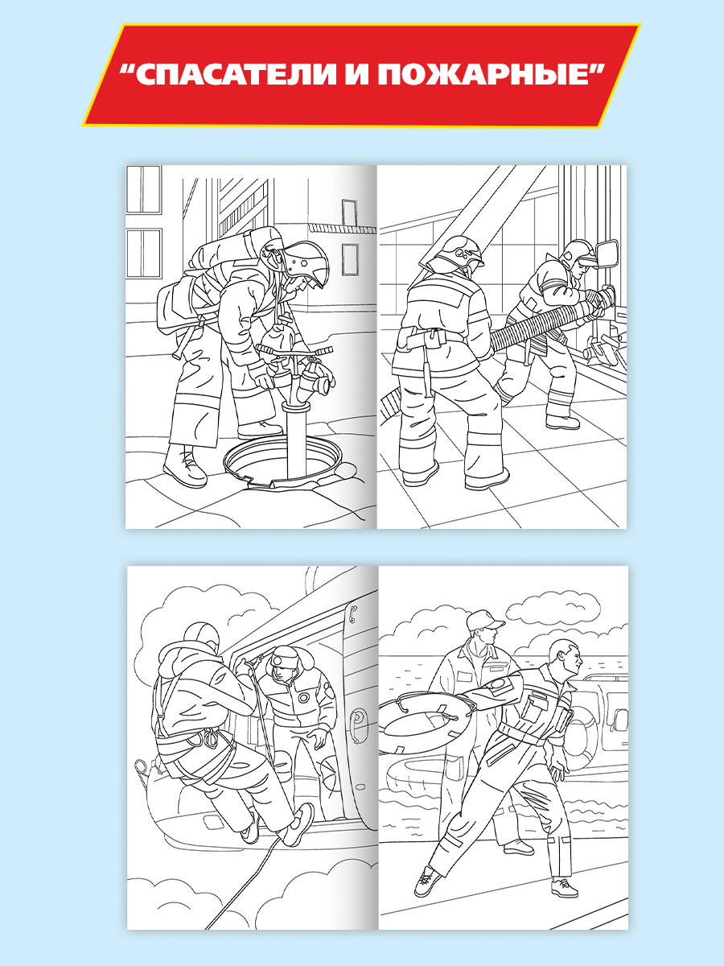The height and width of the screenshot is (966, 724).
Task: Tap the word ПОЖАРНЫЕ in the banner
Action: [483, 75]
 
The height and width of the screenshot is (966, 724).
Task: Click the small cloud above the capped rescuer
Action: [553, 606]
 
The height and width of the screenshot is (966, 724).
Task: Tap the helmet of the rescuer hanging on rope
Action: [201, 638]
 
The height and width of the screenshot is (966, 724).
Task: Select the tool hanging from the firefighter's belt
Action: [427, 374]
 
